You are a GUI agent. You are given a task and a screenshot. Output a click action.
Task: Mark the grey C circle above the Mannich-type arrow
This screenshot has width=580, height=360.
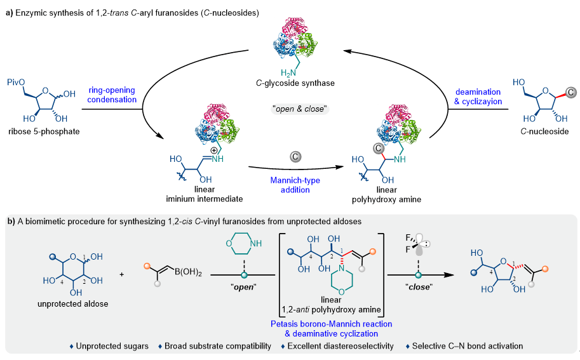pos(295,155)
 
